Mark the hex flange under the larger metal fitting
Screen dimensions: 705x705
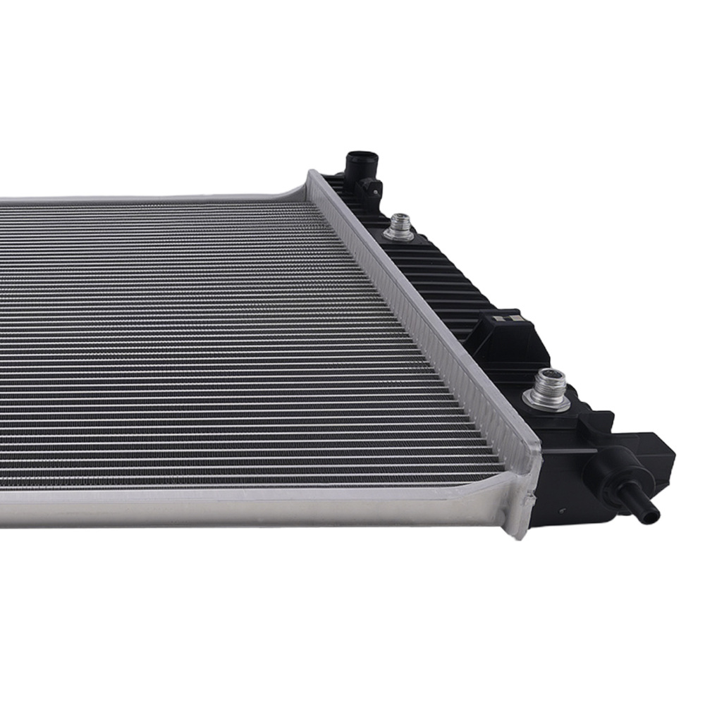(546, 402)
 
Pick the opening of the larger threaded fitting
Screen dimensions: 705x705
(548, 378)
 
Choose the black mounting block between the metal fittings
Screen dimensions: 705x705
(504, 335)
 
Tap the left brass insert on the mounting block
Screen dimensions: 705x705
(498, 319)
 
